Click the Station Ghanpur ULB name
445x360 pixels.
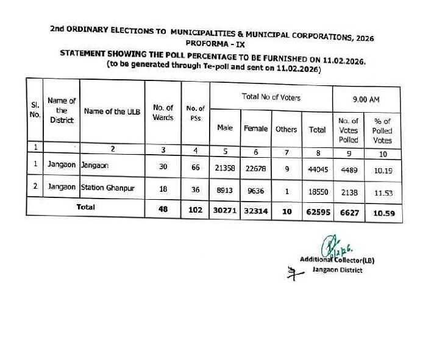[x=107, y=188]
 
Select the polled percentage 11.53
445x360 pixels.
[x=382, y=192]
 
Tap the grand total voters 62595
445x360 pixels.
[x=317, y=211]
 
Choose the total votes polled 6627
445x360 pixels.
[x=347, y=211]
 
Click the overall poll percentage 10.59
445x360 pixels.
[x=382, y=212]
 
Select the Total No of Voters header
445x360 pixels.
[x=271, y=97]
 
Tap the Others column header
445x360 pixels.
[x=286, y=129]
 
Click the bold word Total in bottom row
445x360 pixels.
[x=85, y=207]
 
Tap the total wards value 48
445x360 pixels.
[x=163, y=211]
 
